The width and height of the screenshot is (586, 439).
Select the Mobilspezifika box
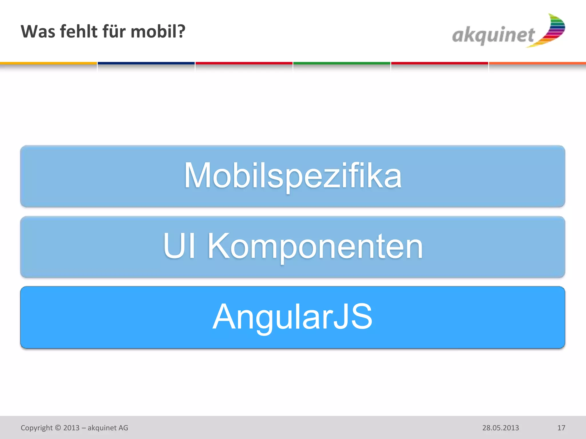point(292,176)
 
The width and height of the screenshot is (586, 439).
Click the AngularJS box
point(292,317)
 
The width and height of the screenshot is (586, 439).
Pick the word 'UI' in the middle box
point(179,246)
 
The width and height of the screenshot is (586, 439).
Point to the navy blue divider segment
point(146,63)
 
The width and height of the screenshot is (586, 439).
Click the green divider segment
point(342,63)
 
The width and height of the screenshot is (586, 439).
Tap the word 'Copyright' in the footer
point(37,428)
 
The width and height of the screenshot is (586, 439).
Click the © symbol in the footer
point(58,428)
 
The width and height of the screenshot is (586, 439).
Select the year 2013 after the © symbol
point(71,428)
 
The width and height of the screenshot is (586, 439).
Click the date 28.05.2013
point(500,428)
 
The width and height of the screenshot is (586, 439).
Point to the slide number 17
point(561,428)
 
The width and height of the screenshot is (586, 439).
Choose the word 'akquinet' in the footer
point(102,428)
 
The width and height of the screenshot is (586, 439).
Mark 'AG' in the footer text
point(123,428)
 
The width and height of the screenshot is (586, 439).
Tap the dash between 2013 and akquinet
point(83,428)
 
